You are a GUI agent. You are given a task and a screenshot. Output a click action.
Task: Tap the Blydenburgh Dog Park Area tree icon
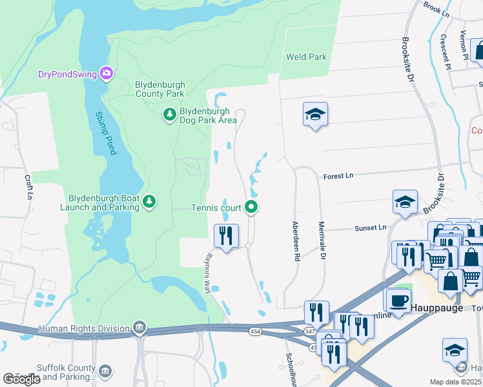click(169, 115)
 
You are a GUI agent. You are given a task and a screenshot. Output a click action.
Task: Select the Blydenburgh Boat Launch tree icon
click(149, 203)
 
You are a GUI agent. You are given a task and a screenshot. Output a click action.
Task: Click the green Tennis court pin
click(252, 207)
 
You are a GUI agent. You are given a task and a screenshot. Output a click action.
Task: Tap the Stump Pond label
click(106, 133)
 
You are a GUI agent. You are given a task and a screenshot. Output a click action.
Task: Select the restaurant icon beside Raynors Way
click(226, 235)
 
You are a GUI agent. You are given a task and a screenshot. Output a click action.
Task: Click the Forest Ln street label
click(338, 175)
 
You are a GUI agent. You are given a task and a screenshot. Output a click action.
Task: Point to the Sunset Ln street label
click(369, 228)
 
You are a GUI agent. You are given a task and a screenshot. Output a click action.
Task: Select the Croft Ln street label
click(28, 187)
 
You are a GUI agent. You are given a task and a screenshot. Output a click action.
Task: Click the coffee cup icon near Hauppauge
click(397, 299)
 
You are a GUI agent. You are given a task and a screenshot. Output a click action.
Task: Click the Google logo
click(21, 379)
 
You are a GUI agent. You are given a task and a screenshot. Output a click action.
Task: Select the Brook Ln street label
click(437, 8)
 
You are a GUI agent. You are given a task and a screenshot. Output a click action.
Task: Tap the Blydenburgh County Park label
click(159, 89)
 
